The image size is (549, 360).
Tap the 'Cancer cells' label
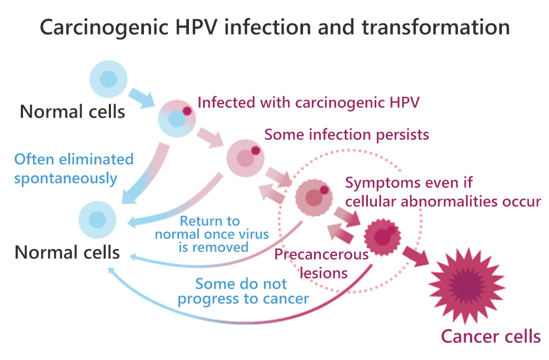click(x=490, y=336)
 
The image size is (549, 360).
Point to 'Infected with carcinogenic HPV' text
click(x=308, y=103)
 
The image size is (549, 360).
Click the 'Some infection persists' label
click(x=346, y=134)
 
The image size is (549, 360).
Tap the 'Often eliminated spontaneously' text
click(x=73, y=168)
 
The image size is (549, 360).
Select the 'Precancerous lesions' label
click(x=321, y=264)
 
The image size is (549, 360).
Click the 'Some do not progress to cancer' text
click(x=242, y=291)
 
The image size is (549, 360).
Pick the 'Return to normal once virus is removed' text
click(x=212, y=234)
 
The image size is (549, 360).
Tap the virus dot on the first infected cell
click(x=187, y=111)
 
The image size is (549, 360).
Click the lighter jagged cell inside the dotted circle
click(x=313, y=197)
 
